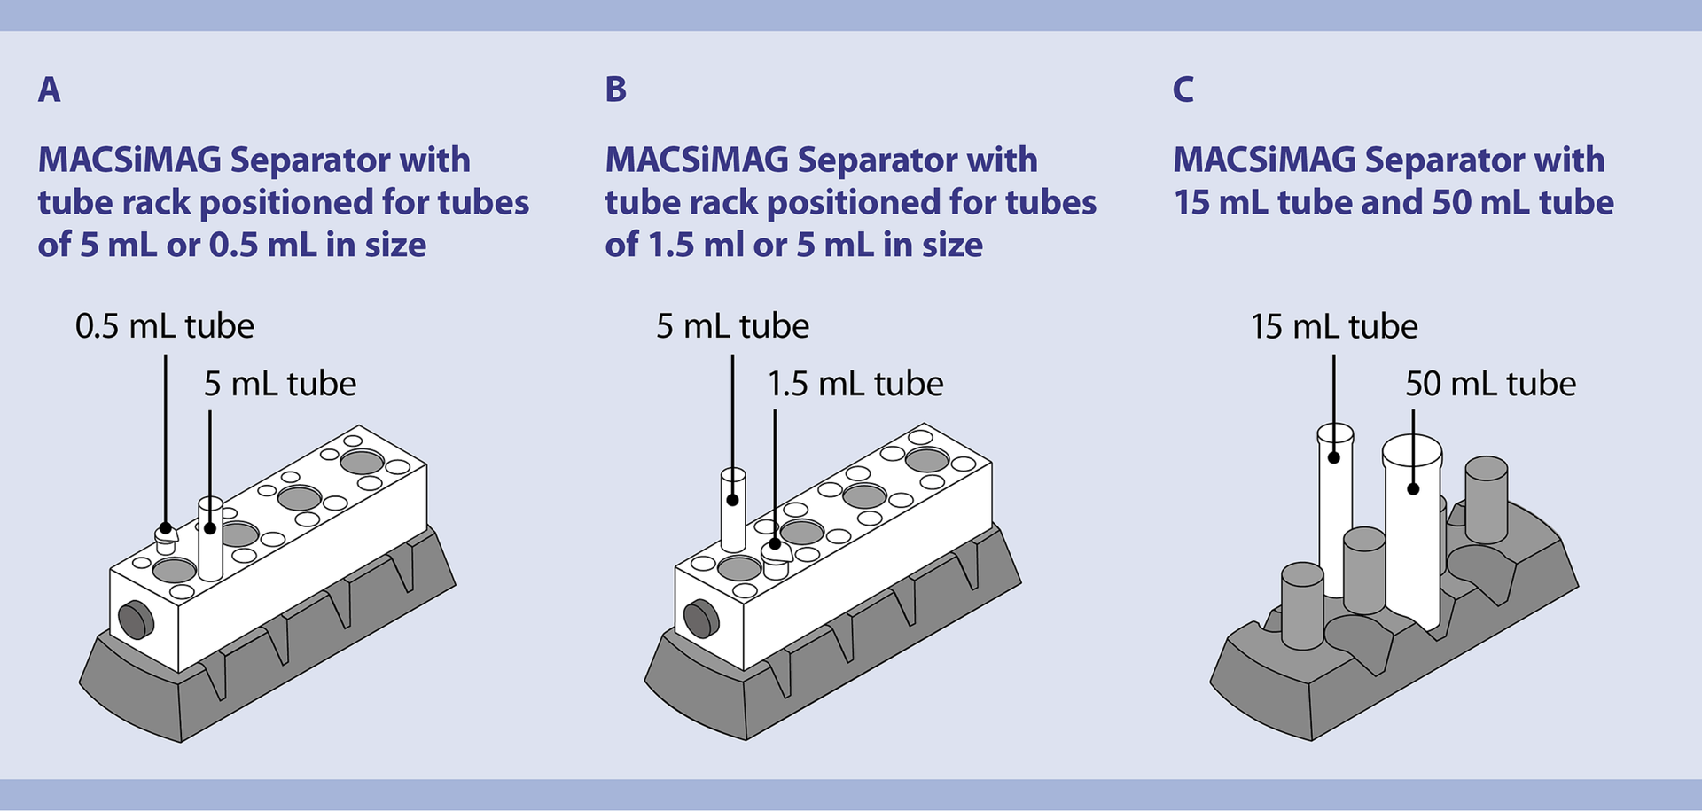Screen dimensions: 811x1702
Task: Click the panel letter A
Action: (49, 90)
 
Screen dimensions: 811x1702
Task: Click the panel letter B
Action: (616, 90)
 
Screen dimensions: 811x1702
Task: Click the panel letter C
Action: (1183, 90)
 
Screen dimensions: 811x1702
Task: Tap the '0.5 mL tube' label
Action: (164, 326)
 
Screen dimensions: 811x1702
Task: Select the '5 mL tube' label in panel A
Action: (280, 384)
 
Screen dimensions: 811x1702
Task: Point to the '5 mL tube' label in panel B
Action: (732, 326)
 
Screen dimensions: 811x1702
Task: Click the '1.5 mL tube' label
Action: (855, 384)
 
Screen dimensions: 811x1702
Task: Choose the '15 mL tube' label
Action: (1334, 326)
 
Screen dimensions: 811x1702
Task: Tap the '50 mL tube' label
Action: (1491, 384)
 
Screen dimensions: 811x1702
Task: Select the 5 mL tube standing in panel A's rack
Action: (210, 541)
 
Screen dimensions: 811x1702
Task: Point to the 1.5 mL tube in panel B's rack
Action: (776, 558)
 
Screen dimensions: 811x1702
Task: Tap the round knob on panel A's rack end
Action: (136, 620)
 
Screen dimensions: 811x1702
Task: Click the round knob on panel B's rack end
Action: (701, 618)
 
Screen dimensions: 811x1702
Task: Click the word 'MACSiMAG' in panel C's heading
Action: (1264, 160)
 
